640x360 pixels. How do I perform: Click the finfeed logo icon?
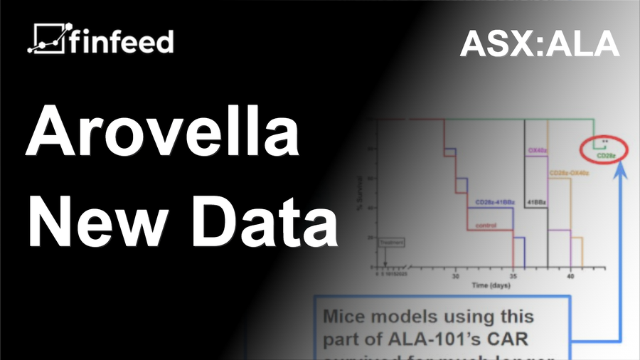tap(47, 40)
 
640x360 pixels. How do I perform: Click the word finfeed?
tap(121, 41)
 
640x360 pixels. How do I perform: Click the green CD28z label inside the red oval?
tap(606, 154)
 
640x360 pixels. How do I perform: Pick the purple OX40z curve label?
tap(536, 151)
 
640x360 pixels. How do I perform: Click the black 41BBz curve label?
tap(536, 203)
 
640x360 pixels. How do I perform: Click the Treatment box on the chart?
tap(392, 242)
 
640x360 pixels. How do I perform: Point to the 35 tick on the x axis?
tap(513, 275)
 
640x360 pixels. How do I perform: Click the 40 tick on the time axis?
tap(570, 275)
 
